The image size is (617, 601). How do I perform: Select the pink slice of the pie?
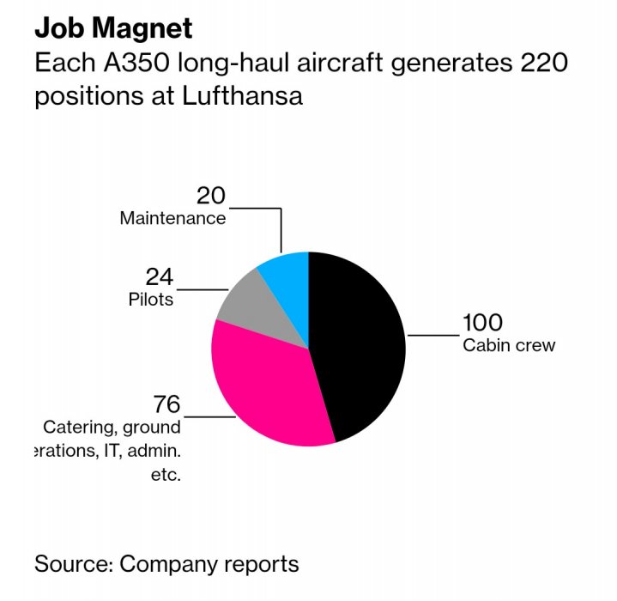click(x=266, y=386)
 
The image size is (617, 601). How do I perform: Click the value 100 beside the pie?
click(x=482, y=324)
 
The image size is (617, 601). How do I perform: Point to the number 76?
click(x=166, y=404)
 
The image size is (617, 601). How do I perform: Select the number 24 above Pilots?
click(x=159, y=277)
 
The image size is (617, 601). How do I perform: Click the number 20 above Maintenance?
click(x=210, y=196)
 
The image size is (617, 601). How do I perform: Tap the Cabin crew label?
click(x=509, y=346)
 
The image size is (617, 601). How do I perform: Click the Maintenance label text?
click(x=172, y=218)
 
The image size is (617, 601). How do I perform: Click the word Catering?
click(x=80, y=428)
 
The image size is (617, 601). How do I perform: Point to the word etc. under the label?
click(x=166, y=475)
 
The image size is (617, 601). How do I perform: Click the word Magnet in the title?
click(x=139, y=28)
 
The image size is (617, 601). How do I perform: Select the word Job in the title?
click(x=56, y=28)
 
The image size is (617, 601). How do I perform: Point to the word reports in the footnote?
click(x=260, y=565)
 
